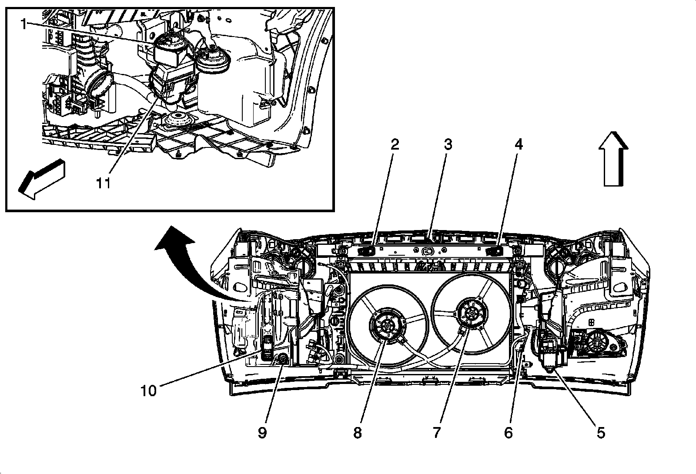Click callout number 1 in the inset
(x=23, y=24)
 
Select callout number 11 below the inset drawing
(x=104, y=183)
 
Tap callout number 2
(x=395, y=144)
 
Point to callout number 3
(x=448, y=144)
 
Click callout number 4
(x=519, y=144)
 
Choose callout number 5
(x=601, y=433)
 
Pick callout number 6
(x=509, y=433)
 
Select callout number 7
(x=437, y=433)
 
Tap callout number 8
(x=358, y=433)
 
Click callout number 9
(x=262, y=433)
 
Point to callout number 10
(x=148, y=391)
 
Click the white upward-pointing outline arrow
(x=613, y=159)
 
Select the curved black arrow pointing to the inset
(x=199, y=264)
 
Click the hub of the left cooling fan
(x=388, y=325)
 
